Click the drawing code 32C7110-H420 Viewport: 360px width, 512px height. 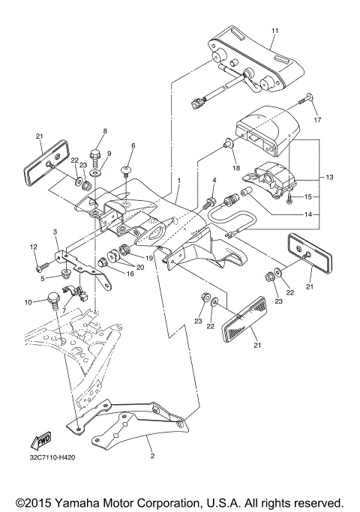pos(52,457)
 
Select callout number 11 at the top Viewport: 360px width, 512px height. pos(274,31)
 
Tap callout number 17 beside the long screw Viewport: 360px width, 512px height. pos(317,120)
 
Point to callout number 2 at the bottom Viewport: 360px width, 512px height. pos(152,457)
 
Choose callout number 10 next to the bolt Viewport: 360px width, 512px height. pos(28,302)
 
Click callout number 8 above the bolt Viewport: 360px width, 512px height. pos(105,131)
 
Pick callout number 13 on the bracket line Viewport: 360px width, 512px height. pos(329,177)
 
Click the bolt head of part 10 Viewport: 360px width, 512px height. pos(53,297)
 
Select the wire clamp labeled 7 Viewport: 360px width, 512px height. pos(77,290)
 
